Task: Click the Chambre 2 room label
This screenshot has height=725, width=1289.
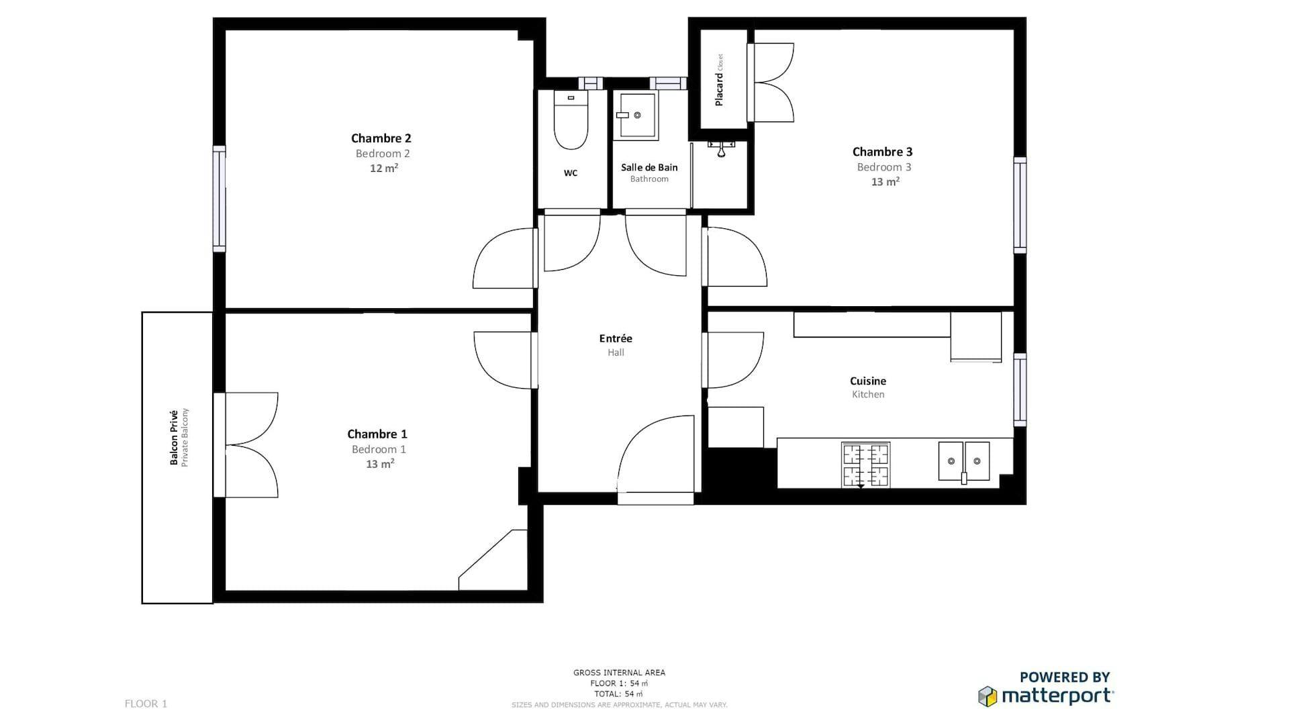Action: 381,138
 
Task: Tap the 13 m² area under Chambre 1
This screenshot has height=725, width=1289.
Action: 379,464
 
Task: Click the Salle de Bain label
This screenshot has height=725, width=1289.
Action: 649,167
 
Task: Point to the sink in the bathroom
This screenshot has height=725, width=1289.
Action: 636,115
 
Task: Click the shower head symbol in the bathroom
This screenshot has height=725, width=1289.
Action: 721,148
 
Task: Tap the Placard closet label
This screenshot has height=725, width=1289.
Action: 719,89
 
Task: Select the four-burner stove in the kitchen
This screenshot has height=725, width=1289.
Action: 866,465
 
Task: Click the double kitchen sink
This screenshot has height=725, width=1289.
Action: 963,461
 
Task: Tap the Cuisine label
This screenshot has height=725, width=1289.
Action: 867,381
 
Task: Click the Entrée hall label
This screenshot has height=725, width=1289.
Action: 616,338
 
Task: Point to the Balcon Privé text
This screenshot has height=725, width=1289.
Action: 174,437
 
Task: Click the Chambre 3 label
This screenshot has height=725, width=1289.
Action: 882,152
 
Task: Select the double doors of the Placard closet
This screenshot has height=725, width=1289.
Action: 772,83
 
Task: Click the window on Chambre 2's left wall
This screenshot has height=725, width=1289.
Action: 219,199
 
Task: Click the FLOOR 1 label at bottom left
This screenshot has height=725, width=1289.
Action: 146,704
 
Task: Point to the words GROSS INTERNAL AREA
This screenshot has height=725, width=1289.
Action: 619,672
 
